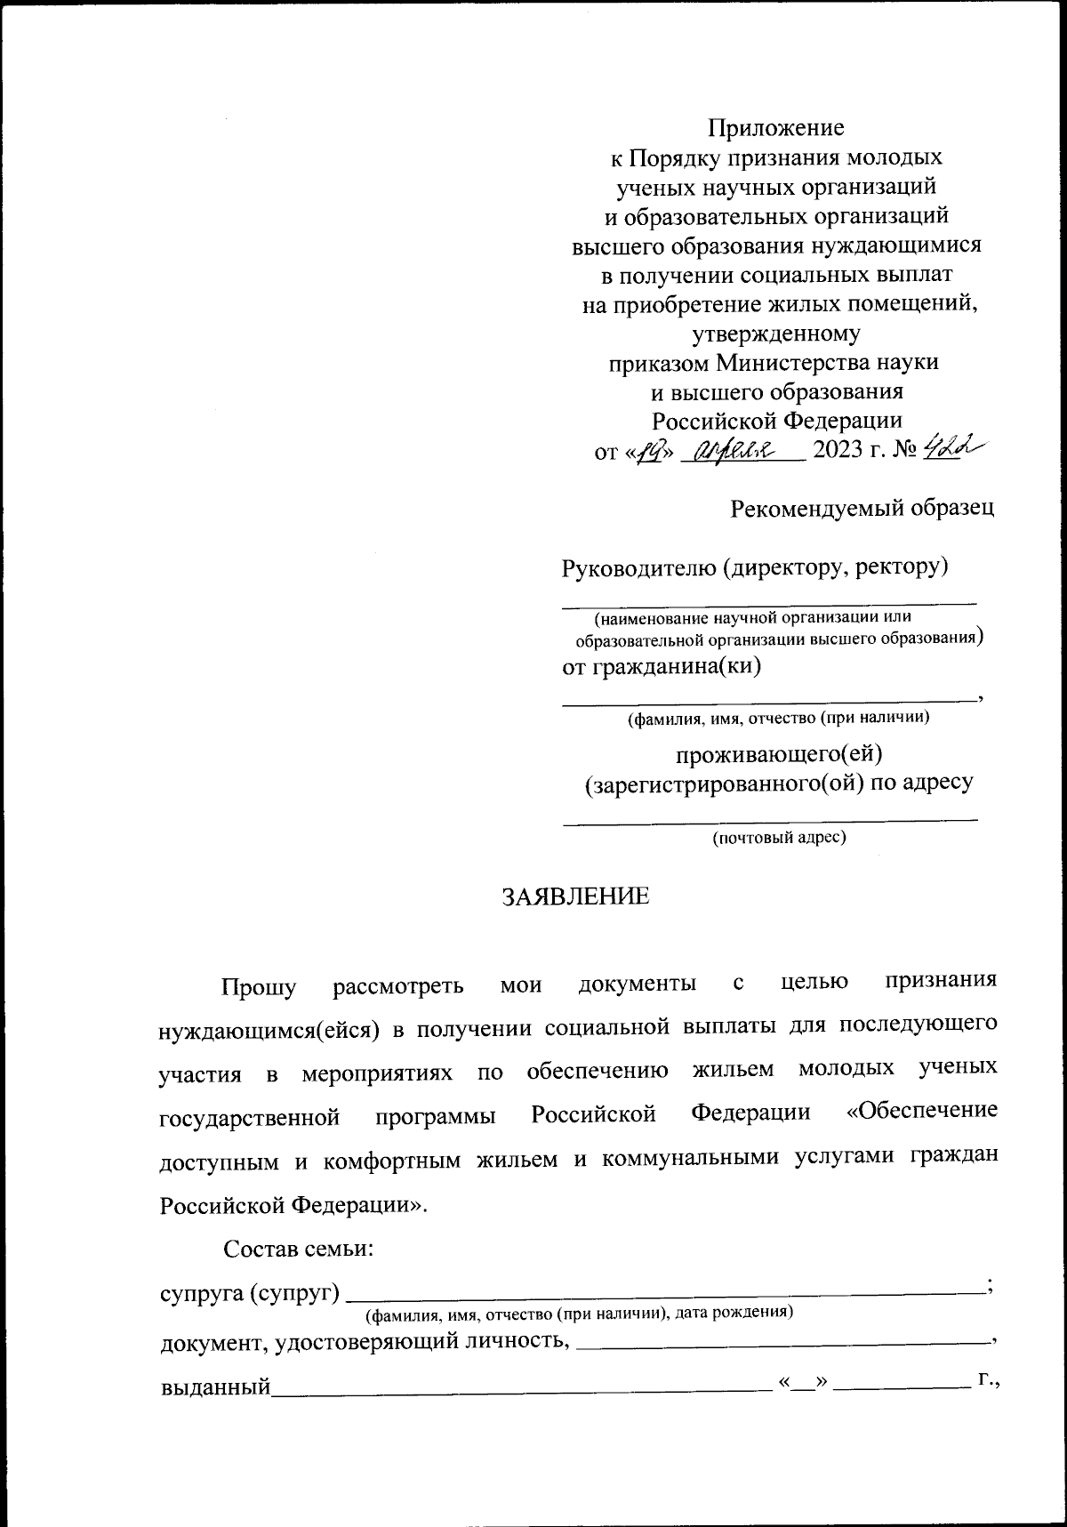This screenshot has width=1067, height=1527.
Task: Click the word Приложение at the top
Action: pyautogui.click(x=774, y=127)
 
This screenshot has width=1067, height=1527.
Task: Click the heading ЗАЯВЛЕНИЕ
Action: pyautogui.click(x=576, y=896)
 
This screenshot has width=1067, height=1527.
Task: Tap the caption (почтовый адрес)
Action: pyautogui.click(x=779, y=837)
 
